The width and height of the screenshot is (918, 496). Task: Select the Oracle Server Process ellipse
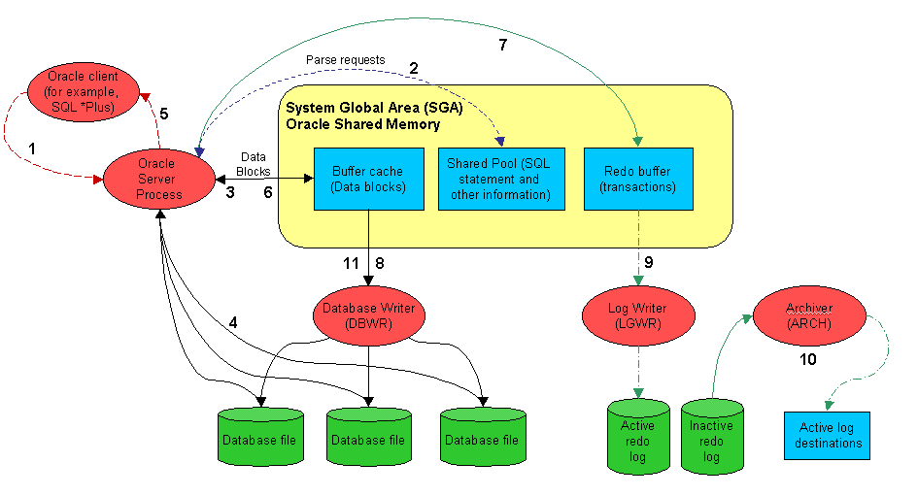[x=157, y=179]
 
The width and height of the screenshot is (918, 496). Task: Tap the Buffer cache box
[x=368, y=179]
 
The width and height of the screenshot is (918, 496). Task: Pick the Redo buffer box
[x=638, y=179]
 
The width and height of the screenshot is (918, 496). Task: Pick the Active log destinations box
[x=826, y=435]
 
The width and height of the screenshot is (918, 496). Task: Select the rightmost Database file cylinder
[x=483, y=440]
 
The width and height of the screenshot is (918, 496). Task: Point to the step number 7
[x=502, y=46]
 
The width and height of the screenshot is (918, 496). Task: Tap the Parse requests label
[x=346, y=59]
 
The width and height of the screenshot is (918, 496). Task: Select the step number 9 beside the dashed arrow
[x=648, y=261]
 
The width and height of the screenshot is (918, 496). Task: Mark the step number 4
[x=233, y=321]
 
